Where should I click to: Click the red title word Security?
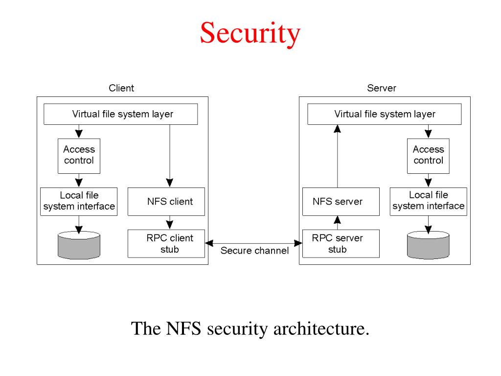250,33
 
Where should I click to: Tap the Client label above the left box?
121,88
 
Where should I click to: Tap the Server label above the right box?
382,88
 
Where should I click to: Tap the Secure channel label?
254,250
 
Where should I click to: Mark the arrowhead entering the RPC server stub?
298,243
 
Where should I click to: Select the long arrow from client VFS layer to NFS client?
170,156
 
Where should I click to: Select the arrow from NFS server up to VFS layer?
338,156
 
